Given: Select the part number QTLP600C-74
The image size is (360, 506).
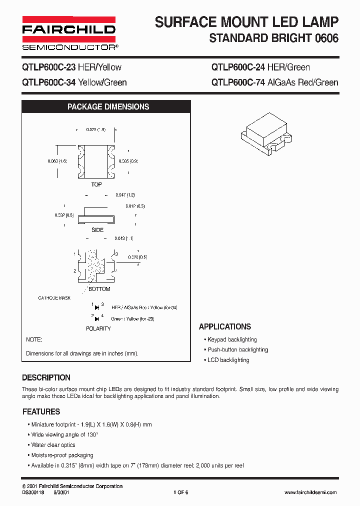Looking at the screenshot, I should click(237, 82).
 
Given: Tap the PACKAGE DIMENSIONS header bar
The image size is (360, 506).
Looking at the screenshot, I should click(108, 107).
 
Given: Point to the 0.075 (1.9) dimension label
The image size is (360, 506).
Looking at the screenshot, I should click(96, 130).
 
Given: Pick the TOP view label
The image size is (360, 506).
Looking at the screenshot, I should click(96, 184).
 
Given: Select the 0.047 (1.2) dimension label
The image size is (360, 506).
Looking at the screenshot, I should click(125, 194).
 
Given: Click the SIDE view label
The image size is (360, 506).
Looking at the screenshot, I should click(97, 230).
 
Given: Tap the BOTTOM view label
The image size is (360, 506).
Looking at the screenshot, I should click(99, 289).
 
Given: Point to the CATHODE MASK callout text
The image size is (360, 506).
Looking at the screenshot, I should click(54, 298).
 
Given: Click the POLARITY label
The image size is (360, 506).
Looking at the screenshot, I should click(98, 328).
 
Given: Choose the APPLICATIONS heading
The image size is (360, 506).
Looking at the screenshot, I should click(225, 326).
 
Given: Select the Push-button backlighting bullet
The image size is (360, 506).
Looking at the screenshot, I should click(237, 350).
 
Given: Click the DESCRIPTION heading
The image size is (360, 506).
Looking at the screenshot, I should click(46, 377).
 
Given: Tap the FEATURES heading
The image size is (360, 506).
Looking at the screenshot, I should click(41, 411).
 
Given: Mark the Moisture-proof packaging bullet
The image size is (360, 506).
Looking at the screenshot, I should click(62, 455).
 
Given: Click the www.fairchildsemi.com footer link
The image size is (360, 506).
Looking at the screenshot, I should click(310, 492).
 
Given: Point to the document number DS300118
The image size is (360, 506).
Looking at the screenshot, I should click(33, 492).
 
